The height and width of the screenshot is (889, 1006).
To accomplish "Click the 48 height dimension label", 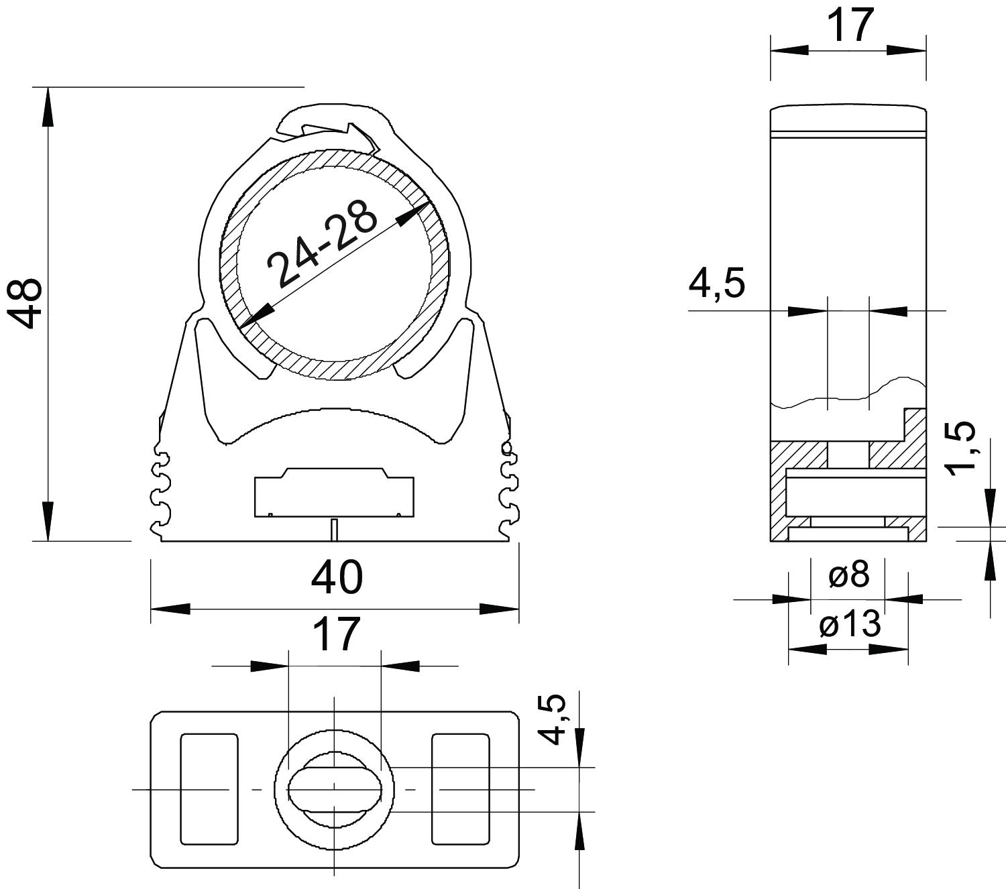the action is tap(24, 302).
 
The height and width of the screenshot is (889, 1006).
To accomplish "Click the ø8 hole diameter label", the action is tap(849, 575).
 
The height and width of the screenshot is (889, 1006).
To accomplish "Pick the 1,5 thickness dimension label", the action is tap(961, 449).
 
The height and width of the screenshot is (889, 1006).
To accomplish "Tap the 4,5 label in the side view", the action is tap(717, 284).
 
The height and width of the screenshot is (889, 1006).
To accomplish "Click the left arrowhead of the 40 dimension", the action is tap(170, 609).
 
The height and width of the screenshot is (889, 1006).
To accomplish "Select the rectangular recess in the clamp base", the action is tap(334, 492).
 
